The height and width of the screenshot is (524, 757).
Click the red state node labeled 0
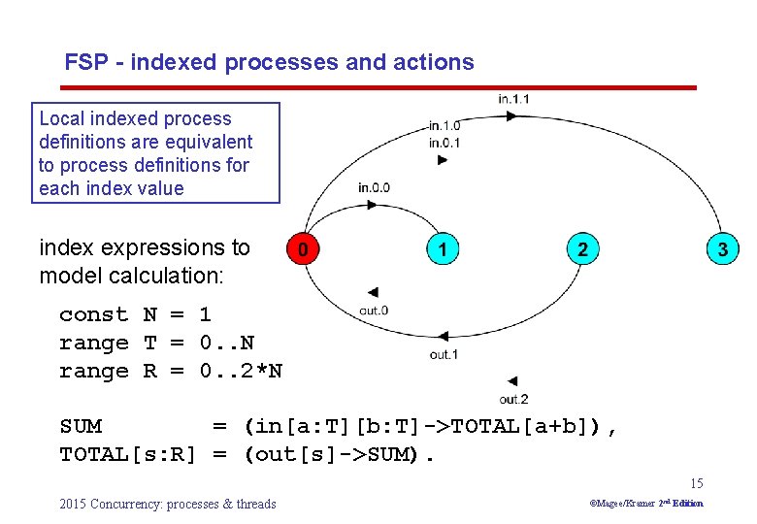304,249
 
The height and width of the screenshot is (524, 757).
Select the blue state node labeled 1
443,249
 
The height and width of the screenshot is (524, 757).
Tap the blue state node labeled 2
581,249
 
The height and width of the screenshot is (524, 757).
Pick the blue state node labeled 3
721,249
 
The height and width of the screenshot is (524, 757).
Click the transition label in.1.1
513,99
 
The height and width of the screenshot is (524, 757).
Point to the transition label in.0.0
374,187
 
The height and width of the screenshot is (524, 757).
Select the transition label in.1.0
444,125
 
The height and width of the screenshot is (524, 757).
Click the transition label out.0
374,311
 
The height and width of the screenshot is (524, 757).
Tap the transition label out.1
444,355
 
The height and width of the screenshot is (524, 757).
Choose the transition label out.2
513,400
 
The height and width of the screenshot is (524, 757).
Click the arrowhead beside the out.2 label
511,381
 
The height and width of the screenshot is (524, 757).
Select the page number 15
696,483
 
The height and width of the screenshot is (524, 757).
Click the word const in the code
93,314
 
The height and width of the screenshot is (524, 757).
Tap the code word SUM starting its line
81,426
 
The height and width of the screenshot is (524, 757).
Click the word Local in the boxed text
61,118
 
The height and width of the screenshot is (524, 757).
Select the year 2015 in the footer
73,504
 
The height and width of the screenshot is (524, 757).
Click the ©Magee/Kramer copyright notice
646,503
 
